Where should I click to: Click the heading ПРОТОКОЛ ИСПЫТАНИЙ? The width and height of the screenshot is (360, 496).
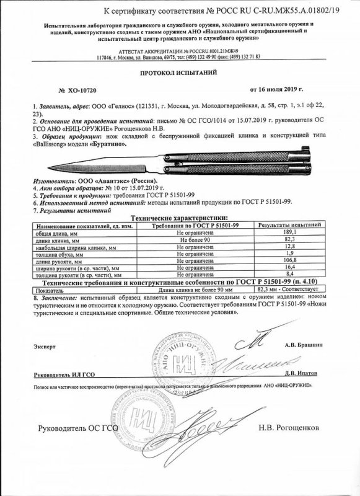click(180, 73)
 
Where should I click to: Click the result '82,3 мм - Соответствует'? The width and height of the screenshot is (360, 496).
click(285, 288)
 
